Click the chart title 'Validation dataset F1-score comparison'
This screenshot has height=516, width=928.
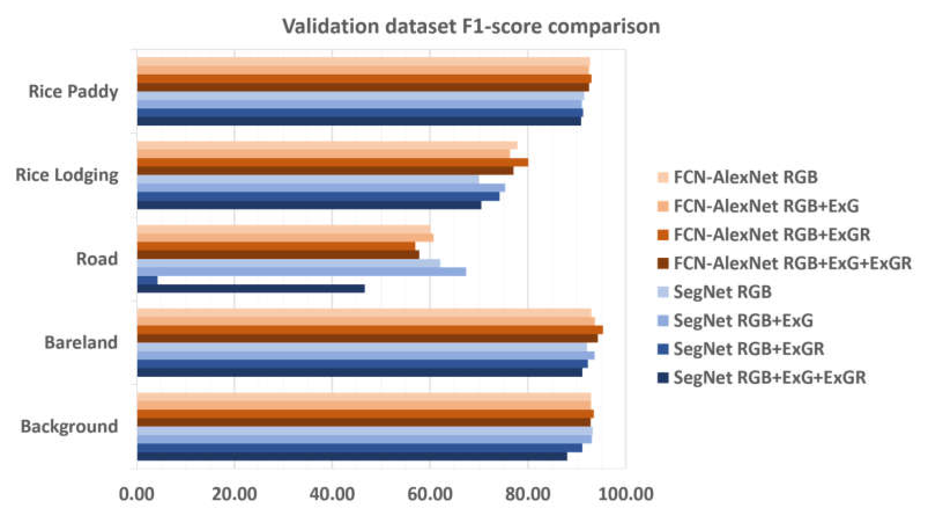point(471,27)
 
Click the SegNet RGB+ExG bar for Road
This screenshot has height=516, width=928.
point(301,272)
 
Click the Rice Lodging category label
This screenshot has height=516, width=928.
point(67,175)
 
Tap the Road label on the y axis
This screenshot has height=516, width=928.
point(96,259)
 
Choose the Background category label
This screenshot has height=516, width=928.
point(69,426)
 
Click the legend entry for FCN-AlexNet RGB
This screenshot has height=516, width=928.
point(745,177)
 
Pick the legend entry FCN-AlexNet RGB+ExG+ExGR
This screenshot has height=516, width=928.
point(792,263)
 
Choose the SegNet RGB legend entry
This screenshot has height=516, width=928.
point(722,292)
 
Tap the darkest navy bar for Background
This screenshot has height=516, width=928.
point(352,456)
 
